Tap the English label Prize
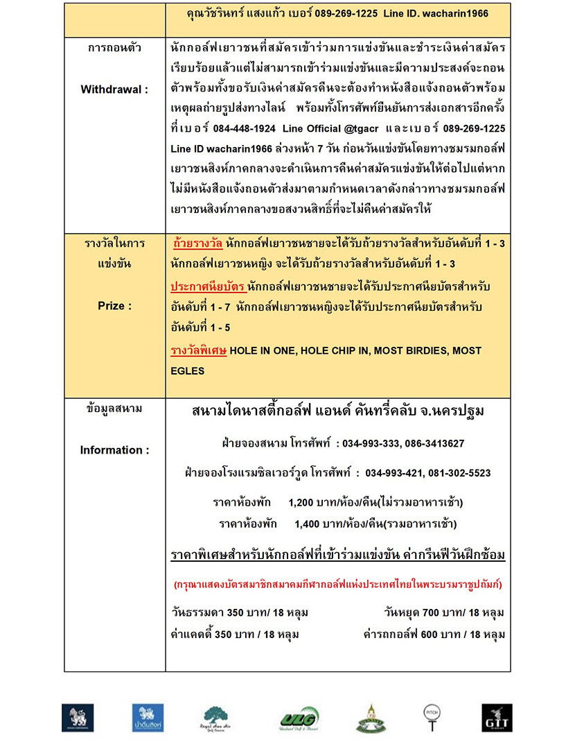(x=114, y=305)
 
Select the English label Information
(x=114, y=450)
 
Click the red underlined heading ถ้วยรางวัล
(x=197, y=244)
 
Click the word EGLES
(x=188, y=371)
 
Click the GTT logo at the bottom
(x=497, y=718)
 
